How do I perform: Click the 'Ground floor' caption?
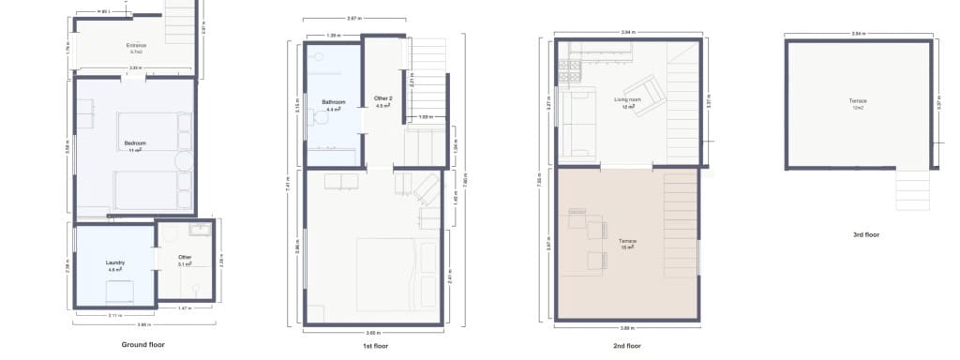point(143,344)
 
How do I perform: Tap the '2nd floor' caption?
point(625,346)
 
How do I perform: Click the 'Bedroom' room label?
point(135,143)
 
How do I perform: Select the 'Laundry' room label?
point(116,263)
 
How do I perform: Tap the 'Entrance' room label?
point(137,45)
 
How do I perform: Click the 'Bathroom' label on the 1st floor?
point(334,102)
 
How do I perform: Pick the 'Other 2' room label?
point(382,98)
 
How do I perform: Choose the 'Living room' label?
point(627,99)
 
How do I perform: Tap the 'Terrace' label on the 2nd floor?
point(627,242)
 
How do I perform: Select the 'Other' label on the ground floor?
point(185,258)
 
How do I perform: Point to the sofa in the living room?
point(575,122)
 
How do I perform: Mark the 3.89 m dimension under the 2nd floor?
point(625,329)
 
